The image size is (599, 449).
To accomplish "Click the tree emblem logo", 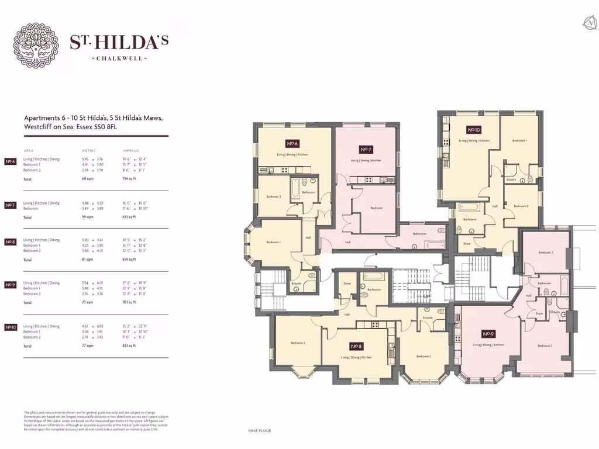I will coord(36,46).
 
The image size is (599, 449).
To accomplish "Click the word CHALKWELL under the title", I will coord(119,58).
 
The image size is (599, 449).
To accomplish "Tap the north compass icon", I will coord(589,23).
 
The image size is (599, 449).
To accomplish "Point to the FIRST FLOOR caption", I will coord(260,431).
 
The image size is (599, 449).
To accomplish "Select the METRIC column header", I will coord(89,150).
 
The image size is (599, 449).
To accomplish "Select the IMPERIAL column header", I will coord(130,150).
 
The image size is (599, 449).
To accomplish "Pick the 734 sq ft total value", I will coord(129,179).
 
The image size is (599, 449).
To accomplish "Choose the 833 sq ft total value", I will coord(129,346).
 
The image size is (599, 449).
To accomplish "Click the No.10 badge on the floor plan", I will coord(473,130).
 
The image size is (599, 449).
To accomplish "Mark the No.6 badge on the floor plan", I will coord(292,143).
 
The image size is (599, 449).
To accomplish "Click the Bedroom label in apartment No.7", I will coord(377,208).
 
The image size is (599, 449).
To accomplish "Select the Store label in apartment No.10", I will coord(467,243).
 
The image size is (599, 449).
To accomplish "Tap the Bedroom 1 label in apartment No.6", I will coord(273,242).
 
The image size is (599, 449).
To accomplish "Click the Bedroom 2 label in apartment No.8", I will coord(298,343).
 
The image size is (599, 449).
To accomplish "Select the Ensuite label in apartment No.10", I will coord(511,179).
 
